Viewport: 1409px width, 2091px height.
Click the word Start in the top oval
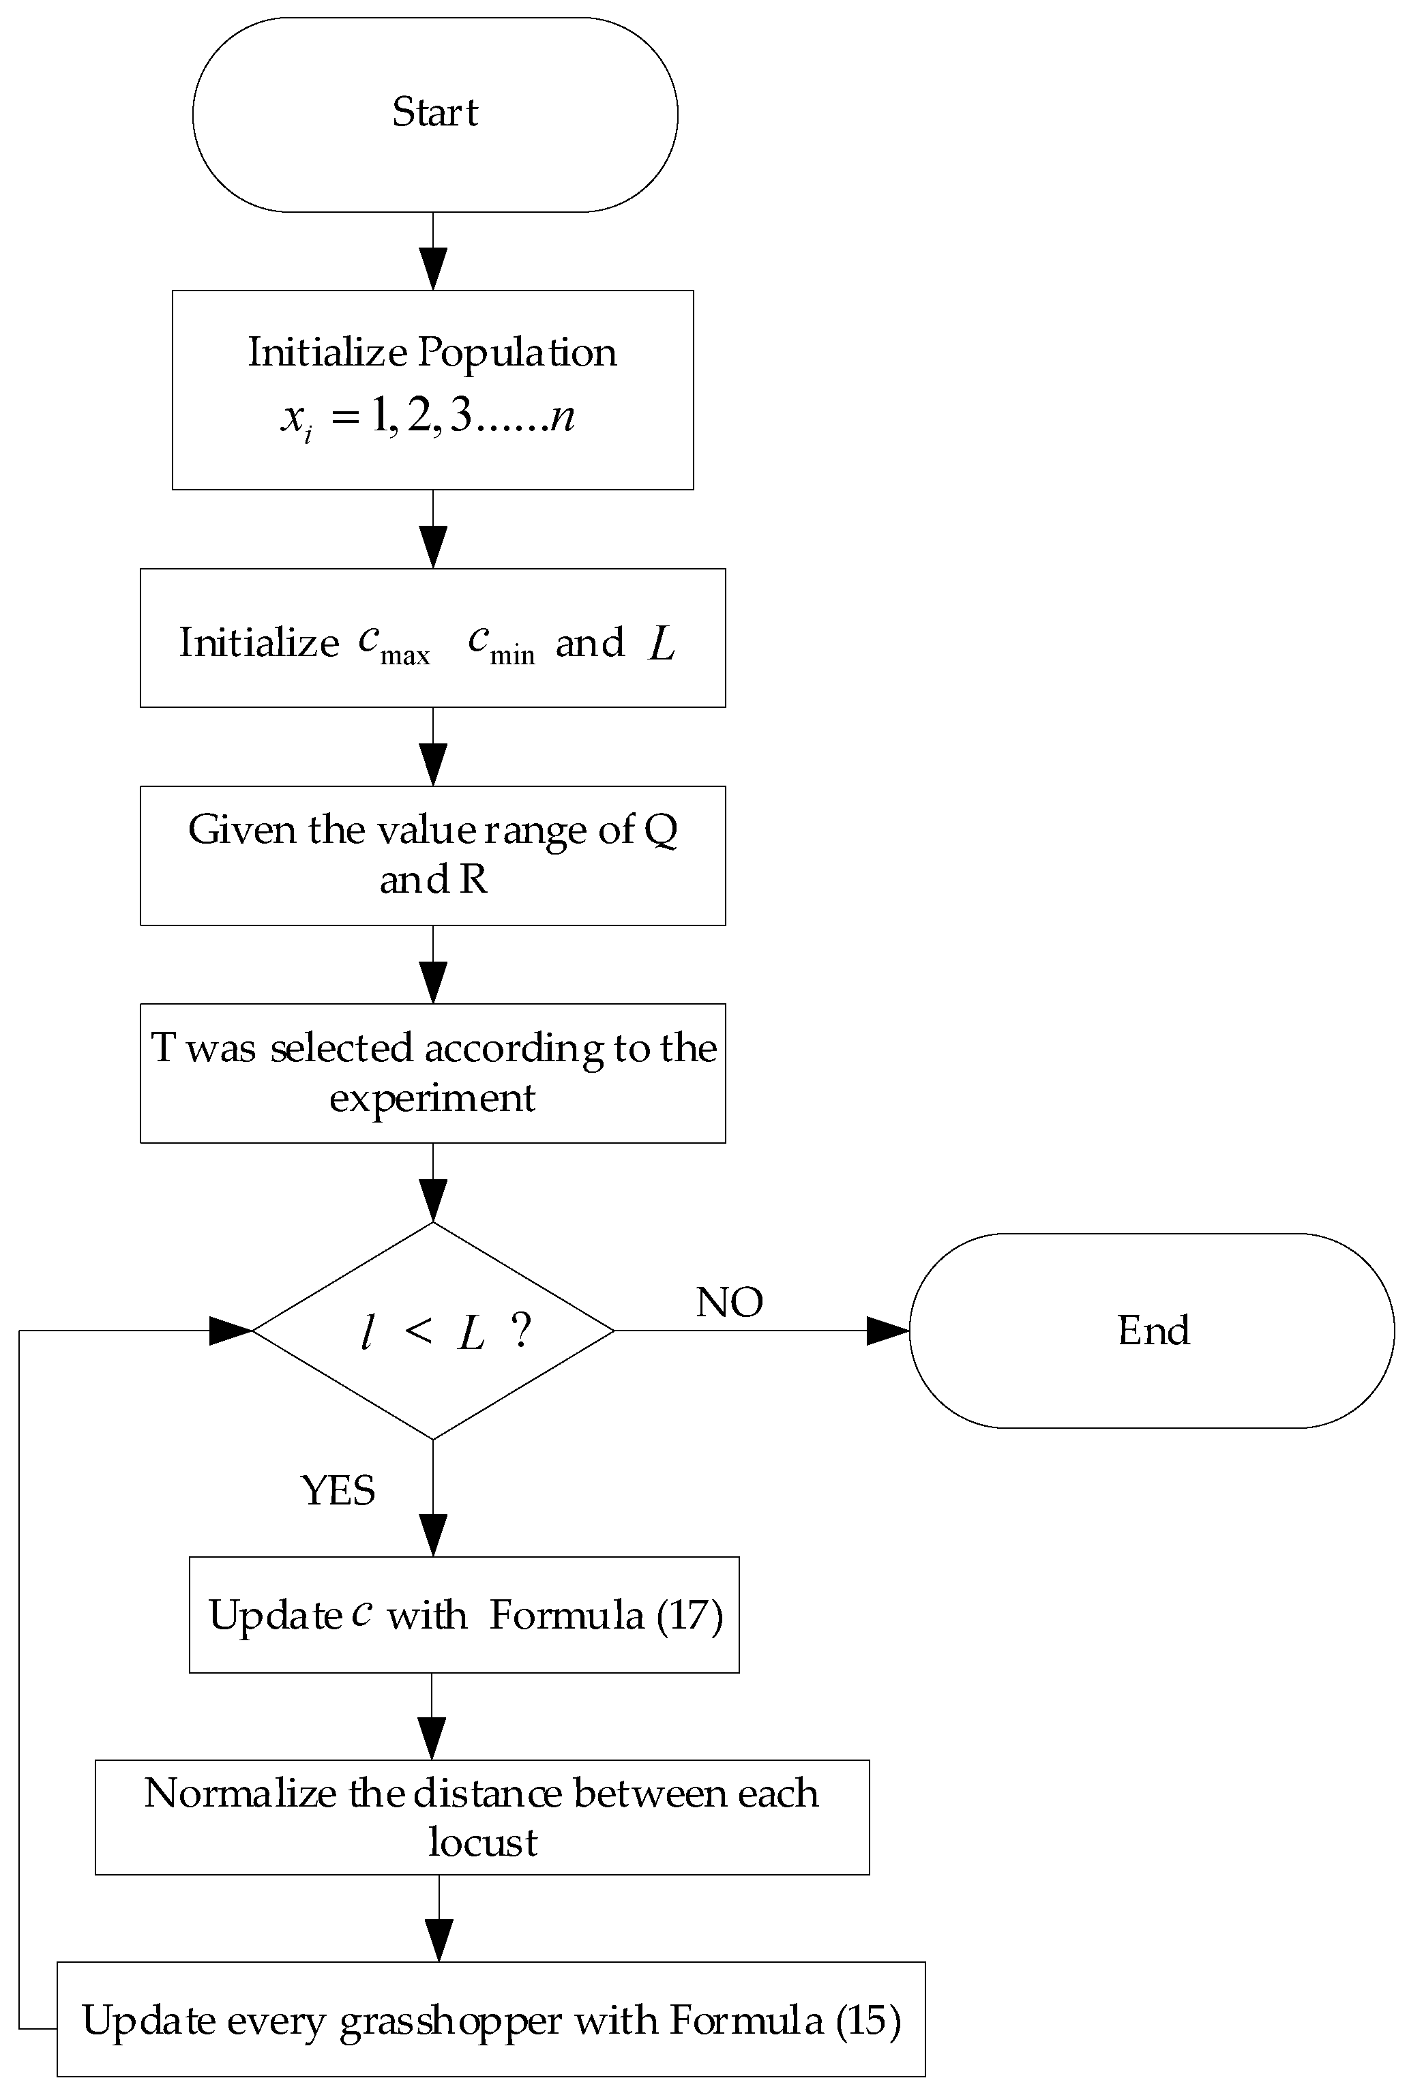pyautogui.click(x=435, y=113)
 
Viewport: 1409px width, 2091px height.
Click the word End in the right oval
pyautogui.click(x=1153, y=1331)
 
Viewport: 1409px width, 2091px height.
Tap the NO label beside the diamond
pyautogui.click(x=729, y=1302)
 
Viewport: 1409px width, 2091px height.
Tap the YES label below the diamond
pyautogui.click(x=337, y=1491)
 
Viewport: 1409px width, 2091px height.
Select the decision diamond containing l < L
pyautogui.click(x=433, y=1331)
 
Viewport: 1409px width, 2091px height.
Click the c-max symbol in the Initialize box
pyautogui.click(x=393, y=643)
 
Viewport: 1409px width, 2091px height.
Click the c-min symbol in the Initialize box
pyautogui.click(x=501, y=643)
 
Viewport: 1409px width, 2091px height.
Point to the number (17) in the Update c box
pyautogui.click(x=689, y=1616)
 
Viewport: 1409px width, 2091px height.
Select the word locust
pyautogui.click(x=483, y=1842)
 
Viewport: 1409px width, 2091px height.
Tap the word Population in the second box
pyautogui.click(x=518, y=352)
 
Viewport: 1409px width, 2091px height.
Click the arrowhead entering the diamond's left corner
pyautogui.click(x=230, y=1331)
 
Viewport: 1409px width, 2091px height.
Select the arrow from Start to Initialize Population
pyautogui.click(x=433, y=252)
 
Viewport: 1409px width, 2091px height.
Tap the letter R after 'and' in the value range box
pyautogui.click(x=473, y=880)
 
